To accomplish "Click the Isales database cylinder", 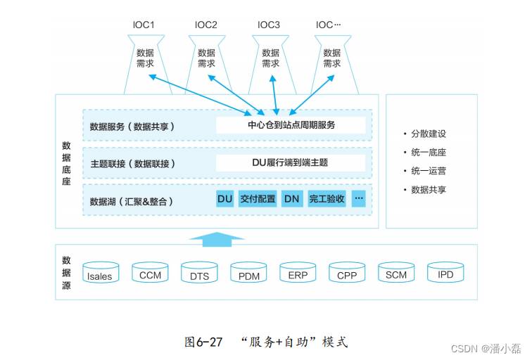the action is point(101,272).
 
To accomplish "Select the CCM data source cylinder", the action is point(150,272).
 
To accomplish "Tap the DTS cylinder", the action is point(199,272).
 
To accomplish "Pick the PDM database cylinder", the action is point(248,272).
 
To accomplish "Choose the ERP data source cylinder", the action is point(298,272).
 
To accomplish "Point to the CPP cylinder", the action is point(347,272).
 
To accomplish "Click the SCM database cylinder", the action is point(396,272).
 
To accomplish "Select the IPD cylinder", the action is point(445,272).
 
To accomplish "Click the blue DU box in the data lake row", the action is point(225,199).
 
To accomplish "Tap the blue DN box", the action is point(292,199).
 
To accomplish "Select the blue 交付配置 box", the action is point(258,199).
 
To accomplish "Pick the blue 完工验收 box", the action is point(327,199).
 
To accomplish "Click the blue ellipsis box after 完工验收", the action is point(359,199).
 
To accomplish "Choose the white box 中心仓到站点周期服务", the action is point(291,125).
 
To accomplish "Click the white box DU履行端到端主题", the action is point(291,162).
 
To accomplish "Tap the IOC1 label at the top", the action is point(144,25).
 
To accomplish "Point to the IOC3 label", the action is point(269,25).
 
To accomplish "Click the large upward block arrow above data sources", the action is point(217,239).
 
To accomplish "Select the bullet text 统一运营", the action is point(429,171).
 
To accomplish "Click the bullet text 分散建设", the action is point(429,134).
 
